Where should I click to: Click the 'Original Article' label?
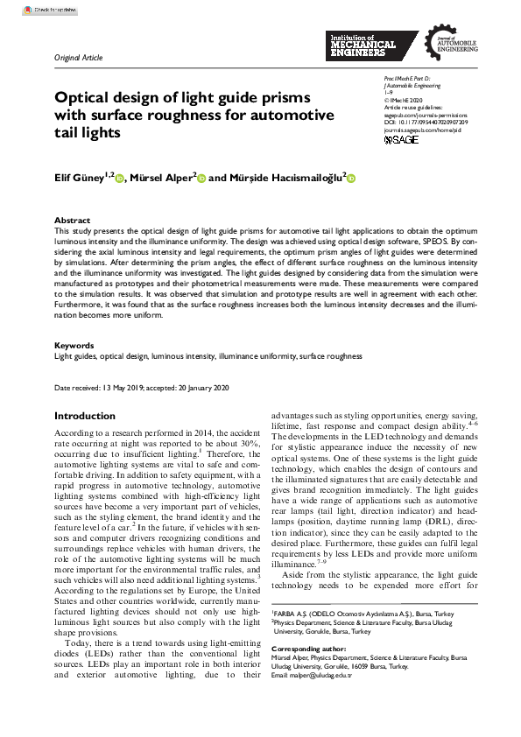tap(78, 58)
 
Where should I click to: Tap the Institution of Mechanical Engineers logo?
tap(363, 45)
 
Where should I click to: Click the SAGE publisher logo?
tap(402, 140)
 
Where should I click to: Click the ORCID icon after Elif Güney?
tap(119, 179)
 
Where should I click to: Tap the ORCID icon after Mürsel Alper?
tap(201, 179)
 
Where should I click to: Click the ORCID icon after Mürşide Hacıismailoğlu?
tap(351, 179)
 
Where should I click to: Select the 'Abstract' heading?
tap(72, 221)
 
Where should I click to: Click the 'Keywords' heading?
tap(74, 346)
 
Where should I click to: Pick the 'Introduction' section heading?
tap(84, 416)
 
